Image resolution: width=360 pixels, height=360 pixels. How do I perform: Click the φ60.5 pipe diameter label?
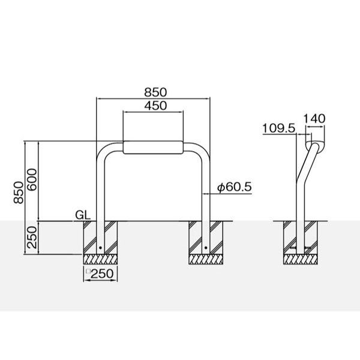[x=234, y=188]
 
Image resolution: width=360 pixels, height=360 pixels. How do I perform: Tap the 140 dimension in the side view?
[x=314, y=118]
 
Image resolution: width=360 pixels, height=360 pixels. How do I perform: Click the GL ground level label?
[x=83, y=214]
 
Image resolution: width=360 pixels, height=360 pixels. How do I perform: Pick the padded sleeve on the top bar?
[x=152, y=147]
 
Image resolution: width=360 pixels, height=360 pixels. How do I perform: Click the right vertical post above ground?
[x=206, y=186]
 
